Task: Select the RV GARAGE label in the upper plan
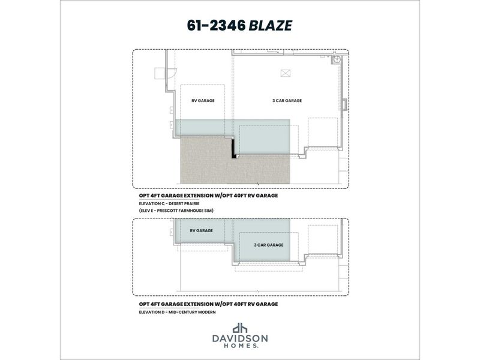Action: [x=202, y=101]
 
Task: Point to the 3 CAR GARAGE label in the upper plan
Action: [x=287, y=101]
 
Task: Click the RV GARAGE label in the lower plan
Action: [x=201, y=230]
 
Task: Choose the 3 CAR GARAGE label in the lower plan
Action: [x=268, y=245]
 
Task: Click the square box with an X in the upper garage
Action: [x=285, y=73]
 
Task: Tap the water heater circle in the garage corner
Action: [x=338, y=59]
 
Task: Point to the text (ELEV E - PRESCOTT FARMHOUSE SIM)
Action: [x=175, y=211]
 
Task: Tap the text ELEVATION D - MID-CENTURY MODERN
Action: [x=177, y=313]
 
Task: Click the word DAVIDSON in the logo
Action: [x=240, y=338]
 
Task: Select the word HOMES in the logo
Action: [x=239, y=346]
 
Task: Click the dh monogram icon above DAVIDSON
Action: [x=240, y=328]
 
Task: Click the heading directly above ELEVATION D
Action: [x=208, y=305]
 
